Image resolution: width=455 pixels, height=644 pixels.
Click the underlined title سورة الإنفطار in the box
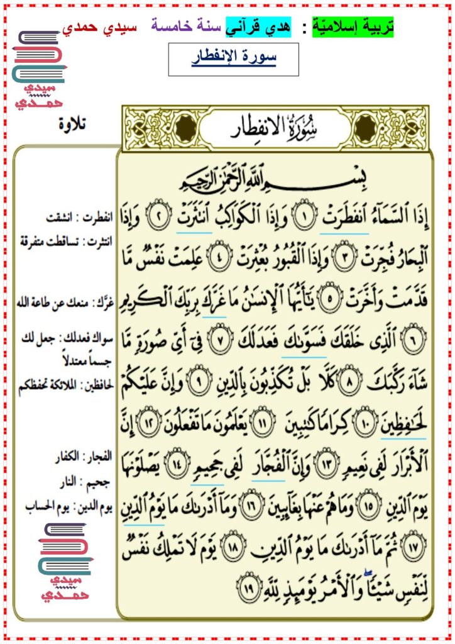click(x=234, y=58)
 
